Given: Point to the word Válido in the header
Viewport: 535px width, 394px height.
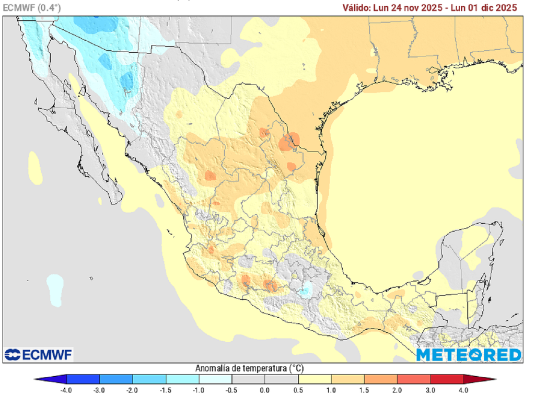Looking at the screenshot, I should tap(356, 7).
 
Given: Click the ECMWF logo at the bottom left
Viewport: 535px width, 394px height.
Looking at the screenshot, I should tap(39, 354).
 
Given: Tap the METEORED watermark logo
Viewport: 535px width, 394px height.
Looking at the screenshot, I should tap(469, 354).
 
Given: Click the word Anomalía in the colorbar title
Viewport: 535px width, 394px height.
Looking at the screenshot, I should tap(215, 368).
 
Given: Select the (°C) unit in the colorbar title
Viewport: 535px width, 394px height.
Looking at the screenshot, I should tap(297, 368).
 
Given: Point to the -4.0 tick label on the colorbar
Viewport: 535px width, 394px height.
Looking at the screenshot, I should tap(66, 389).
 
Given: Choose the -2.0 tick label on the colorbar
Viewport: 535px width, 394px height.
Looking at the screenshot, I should tap(133, 389).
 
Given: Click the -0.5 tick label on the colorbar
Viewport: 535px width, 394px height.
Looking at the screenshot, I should tap(232, 389).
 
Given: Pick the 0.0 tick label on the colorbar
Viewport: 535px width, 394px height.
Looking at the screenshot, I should tap(265, 389).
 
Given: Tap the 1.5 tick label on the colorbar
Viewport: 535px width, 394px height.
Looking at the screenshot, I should tap(365, 389).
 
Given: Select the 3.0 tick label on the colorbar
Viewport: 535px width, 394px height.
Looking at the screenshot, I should tap(431, 389).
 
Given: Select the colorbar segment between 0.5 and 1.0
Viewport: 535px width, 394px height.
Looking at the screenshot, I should tap(315, 379).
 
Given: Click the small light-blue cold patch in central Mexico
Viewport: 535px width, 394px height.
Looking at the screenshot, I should tap(306, 288).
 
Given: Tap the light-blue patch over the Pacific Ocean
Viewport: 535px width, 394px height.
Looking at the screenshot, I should tap(54, 288).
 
